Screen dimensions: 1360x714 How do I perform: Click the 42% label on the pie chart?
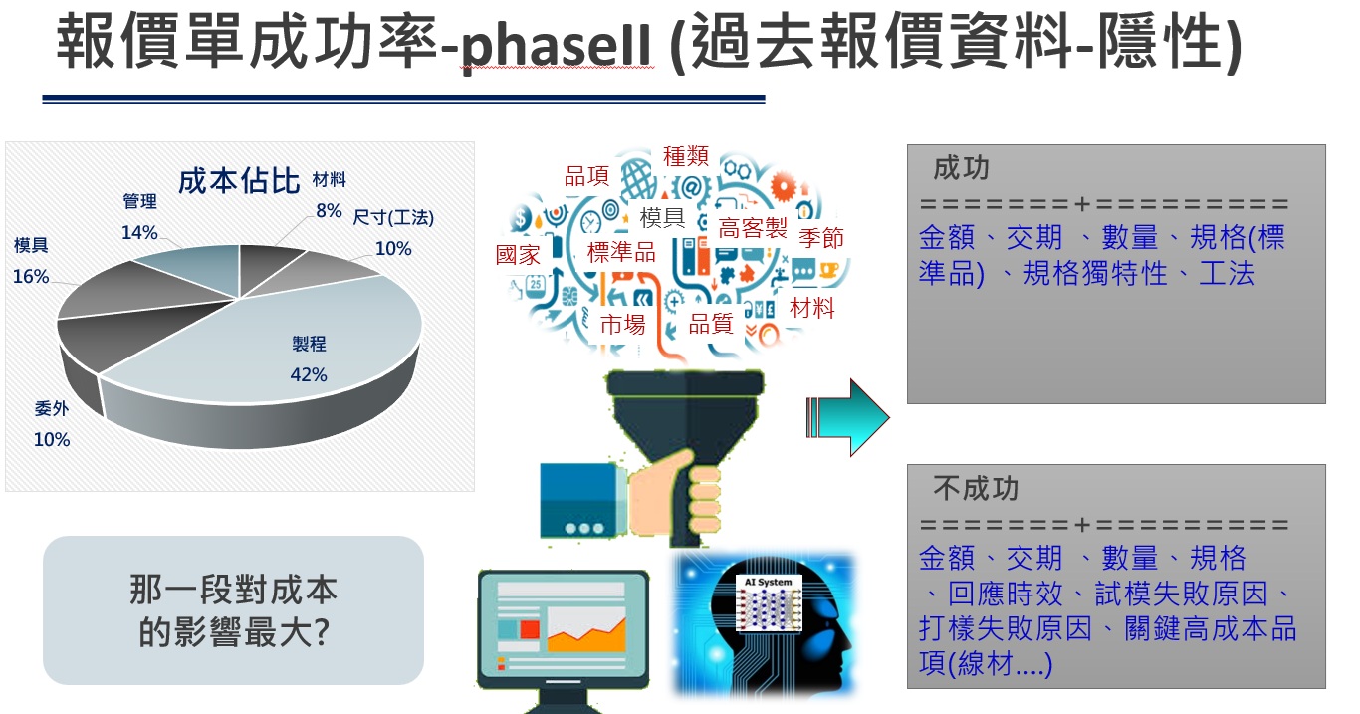point(309,374)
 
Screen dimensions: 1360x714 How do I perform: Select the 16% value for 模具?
point(30,276)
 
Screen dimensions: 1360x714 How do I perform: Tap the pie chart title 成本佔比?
point(239,181)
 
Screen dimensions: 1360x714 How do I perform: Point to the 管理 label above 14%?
point(139,201)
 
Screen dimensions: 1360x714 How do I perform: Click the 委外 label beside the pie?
point(52,408)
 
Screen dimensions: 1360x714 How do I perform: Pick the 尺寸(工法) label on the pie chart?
point(393,217)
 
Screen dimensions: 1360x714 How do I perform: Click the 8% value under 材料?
point(329,211)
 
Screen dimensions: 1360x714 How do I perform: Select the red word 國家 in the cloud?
point(518,254)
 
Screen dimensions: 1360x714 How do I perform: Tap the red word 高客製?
point(753,228)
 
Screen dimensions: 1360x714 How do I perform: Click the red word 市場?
point(622,325)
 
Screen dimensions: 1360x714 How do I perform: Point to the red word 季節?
point(820,237)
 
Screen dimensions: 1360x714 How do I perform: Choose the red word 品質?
point(710,324)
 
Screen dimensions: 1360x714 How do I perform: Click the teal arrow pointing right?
point(847,417)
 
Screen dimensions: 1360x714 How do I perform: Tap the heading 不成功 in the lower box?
point(975,488)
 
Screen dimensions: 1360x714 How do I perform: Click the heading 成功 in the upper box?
point(961,167)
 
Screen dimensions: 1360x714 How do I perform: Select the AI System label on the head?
point(768,582)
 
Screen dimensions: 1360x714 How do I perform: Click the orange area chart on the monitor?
point(586,635)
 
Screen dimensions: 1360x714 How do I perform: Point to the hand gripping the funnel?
point(674,495)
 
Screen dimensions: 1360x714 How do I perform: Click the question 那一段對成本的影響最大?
point(233,610)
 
